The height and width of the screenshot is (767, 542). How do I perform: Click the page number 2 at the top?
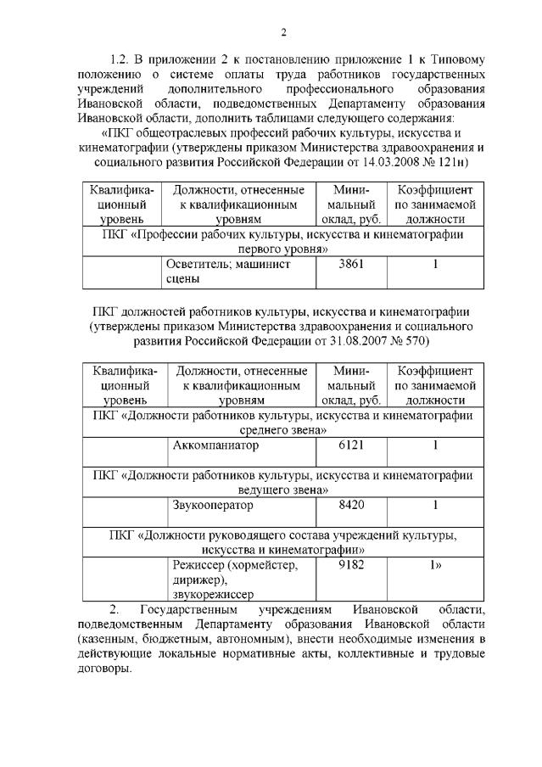pos(283,32)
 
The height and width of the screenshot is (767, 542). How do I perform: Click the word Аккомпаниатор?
pos(215,445)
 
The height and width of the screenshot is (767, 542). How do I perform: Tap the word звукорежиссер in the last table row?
pos(212,596)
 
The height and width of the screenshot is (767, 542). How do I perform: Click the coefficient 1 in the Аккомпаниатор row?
pos(434,445)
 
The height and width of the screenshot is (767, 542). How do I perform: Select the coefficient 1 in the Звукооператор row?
pos(434,506)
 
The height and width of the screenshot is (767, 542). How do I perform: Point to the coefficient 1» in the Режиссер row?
pos(436,565)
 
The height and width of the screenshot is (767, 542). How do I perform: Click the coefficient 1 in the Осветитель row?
pos(434,265)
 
